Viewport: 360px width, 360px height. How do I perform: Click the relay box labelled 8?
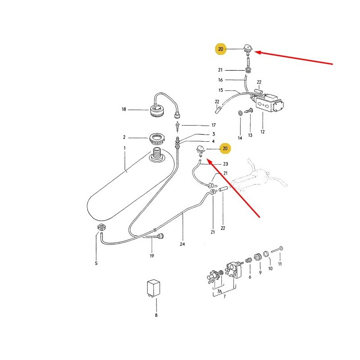click(153, 288)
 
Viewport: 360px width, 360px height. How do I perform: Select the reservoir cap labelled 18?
click(157, 110)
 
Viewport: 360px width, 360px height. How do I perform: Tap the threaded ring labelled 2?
click(156, 139)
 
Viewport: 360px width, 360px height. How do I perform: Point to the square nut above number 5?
click(102, 227)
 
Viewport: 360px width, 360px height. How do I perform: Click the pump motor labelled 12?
click(267, 103)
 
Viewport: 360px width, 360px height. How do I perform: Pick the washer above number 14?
click(240, 113)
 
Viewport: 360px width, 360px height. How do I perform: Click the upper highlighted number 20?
click(220, 49)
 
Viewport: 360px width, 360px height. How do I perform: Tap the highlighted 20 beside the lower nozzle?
click(225, 148)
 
